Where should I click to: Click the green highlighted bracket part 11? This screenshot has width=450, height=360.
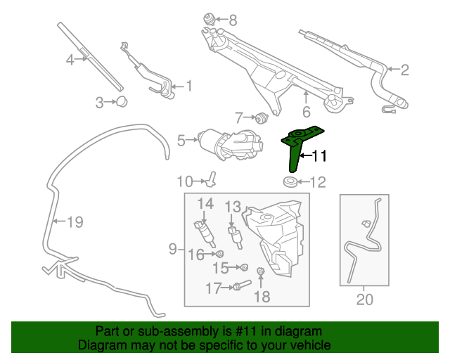click(x=295, y=143)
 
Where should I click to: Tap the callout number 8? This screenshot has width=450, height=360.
click(x=233, y=20)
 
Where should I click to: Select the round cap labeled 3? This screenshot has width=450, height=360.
click(x=122, y=102)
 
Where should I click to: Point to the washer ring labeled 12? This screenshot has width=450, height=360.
click(x=290, y=181)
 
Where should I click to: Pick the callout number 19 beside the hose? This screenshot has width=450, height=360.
click(x=75, y=221)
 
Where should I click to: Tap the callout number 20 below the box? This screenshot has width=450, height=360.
click(x=365, y=300)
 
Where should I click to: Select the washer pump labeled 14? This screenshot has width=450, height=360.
click(x=205, y=233)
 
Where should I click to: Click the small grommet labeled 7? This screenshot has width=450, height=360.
click(x=262, y=117)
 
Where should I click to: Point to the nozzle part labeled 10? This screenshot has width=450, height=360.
click(x=211, y=179)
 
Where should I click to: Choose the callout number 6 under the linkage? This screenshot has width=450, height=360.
click(x=307, y=112)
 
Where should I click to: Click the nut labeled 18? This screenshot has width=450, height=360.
click(x=261, y=271)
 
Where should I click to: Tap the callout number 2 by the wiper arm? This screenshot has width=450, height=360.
click(x=405, y=70)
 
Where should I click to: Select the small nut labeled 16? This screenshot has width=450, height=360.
click(x=219, y=254)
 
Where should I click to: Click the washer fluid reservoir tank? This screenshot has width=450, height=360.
click(x=274, y=238)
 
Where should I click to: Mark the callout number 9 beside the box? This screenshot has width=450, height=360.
click(x=172, y=249)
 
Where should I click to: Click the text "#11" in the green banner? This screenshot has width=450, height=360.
click(x=245, y=331)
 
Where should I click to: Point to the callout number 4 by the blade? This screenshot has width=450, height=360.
click(x=70, y=60)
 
